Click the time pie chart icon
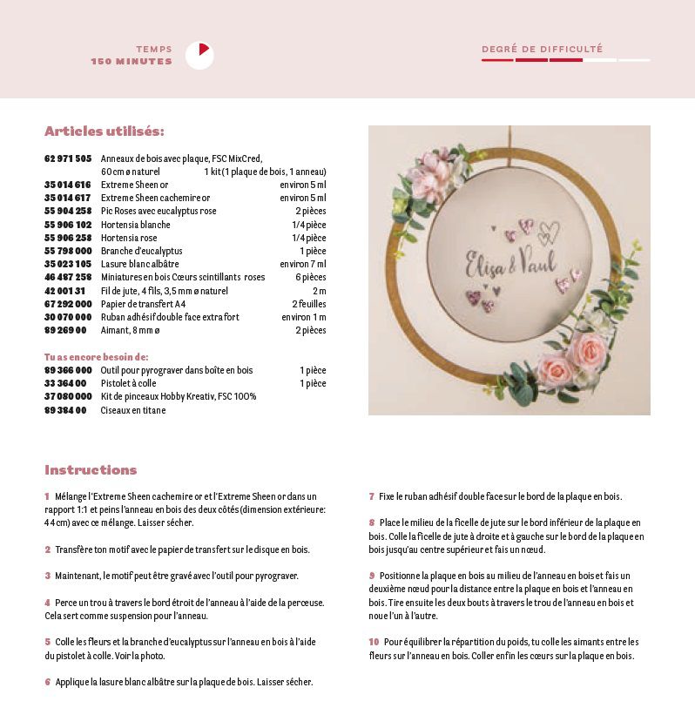[x=199, y=56]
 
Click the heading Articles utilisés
[x=105, y=131]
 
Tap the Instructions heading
[x=91, y=470]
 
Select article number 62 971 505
[x=68, y=158]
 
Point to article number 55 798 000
[x=68, y=251]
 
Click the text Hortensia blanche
[x=136, y=225]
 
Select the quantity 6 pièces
[x=309, y=277]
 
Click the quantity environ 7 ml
[x=303, y=264]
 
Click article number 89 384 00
[x=65, y=410]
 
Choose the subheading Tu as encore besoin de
[x=97, y=357]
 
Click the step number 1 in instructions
[x=47, y=496]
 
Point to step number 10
[x=374, y=642]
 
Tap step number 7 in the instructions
[x=371, y=496]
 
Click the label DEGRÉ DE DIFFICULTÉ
[x=542, y=50]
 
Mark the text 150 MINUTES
[x=132, y=62]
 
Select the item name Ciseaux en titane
[x=133, y=410]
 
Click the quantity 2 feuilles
[x=309, y=304]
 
